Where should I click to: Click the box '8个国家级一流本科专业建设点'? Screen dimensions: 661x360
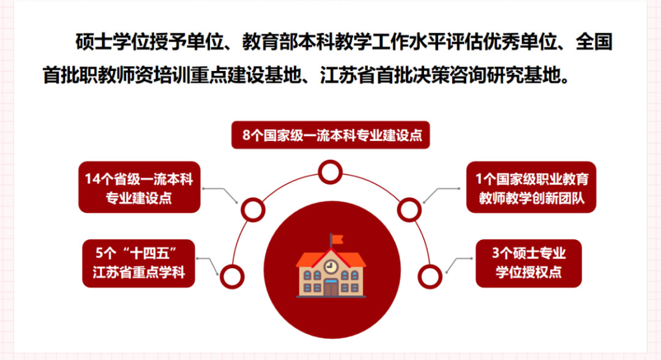click(330, 135)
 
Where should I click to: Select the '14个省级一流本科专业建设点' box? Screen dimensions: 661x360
click(140, 187)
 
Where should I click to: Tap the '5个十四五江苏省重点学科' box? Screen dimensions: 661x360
click(139, 263)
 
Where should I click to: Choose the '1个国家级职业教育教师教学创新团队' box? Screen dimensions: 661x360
click(531, 187)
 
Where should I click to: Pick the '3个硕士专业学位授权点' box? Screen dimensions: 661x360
click(529, 263)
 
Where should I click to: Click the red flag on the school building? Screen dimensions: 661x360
click(337, 240)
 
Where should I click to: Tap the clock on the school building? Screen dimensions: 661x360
click(331, 266)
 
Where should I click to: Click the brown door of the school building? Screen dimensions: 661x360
click(331, 289)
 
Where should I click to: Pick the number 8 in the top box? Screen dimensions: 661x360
click(247, 135)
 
